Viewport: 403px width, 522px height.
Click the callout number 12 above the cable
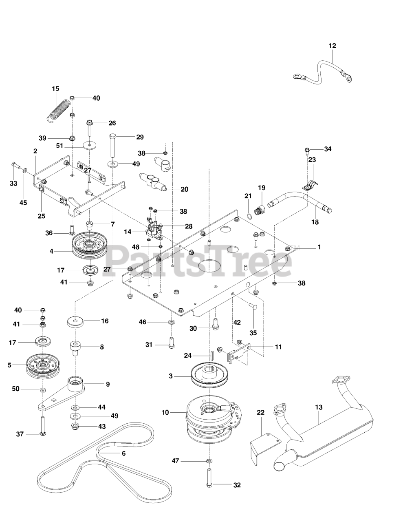(333, 46)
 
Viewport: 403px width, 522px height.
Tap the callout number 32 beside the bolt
(237, 485)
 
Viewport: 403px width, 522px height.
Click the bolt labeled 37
(43, 424)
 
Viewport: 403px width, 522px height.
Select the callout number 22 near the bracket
(260, 412)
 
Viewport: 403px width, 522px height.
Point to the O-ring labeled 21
(249, 215)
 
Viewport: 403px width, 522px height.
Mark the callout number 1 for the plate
(319, 247)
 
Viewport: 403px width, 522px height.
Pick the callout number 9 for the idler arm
(108, 384)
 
